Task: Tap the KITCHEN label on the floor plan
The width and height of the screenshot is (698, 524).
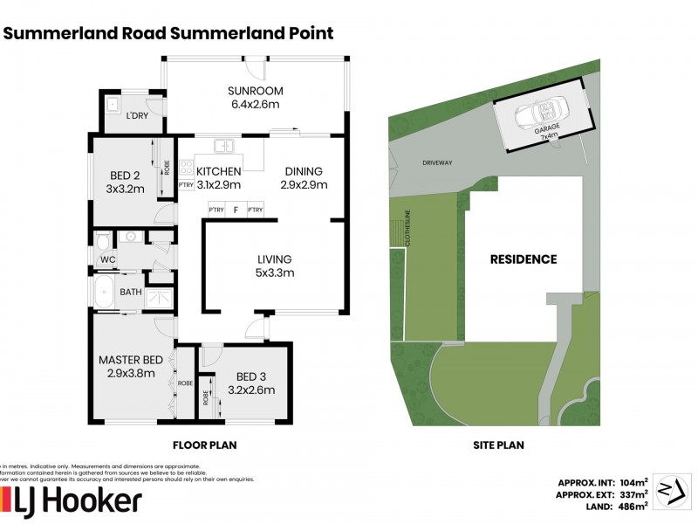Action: [x=218, y=171]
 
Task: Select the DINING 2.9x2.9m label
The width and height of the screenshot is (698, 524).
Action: [x=304, y=177]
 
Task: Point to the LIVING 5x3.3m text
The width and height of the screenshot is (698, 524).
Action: [x=274, y=265]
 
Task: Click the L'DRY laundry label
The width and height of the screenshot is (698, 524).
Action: [x=136, y=116]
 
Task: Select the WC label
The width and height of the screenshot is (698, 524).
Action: [x=107, y=259]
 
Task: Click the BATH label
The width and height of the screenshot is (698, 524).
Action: [x=131, y=292]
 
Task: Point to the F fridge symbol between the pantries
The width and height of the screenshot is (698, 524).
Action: [x=235, y=210]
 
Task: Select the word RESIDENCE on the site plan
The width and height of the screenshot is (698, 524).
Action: [x=523, y=259]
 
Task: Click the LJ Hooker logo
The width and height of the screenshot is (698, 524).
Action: [x=74, y=502]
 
